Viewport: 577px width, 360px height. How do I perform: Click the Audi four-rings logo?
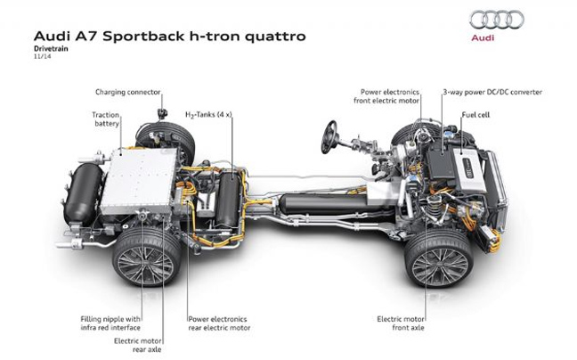(496, 20)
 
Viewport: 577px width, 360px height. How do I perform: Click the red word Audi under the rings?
(483, 37)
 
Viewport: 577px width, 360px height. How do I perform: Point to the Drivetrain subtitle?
(51, 49)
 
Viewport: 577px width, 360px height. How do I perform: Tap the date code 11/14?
(42, 57)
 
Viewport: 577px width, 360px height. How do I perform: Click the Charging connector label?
(127, 92)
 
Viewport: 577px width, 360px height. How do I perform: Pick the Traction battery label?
(106, 119)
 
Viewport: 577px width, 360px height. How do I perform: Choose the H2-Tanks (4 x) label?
(208, 115)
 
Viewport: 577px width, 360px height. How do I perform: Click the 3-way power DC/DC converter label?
(492, 92)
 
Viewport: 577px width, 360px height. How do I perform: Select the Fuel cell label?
(475, 115)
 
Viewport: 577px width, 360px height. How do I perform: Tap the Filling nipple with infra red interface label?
(110, 323)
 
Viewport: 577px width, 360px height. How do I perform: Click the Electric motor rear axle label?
(138, 345)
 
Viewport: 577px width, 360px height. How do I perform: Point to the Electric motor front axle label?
(401, 323)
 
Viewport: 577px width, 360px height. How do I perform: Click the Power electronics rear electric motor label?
(219, 323)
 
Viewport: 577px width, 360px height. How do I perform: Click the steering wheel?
(329, 137)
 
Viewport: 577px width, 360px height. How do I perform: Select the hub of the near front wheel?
(439, 264)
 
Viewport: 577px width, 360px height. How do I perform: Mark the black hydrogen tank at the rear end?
(84, 194)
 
